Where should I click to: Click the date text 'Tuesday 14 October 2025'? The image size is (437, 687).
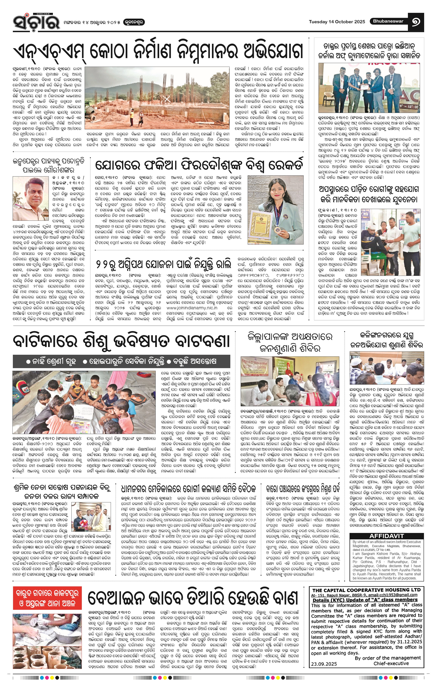coord(337,22)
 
